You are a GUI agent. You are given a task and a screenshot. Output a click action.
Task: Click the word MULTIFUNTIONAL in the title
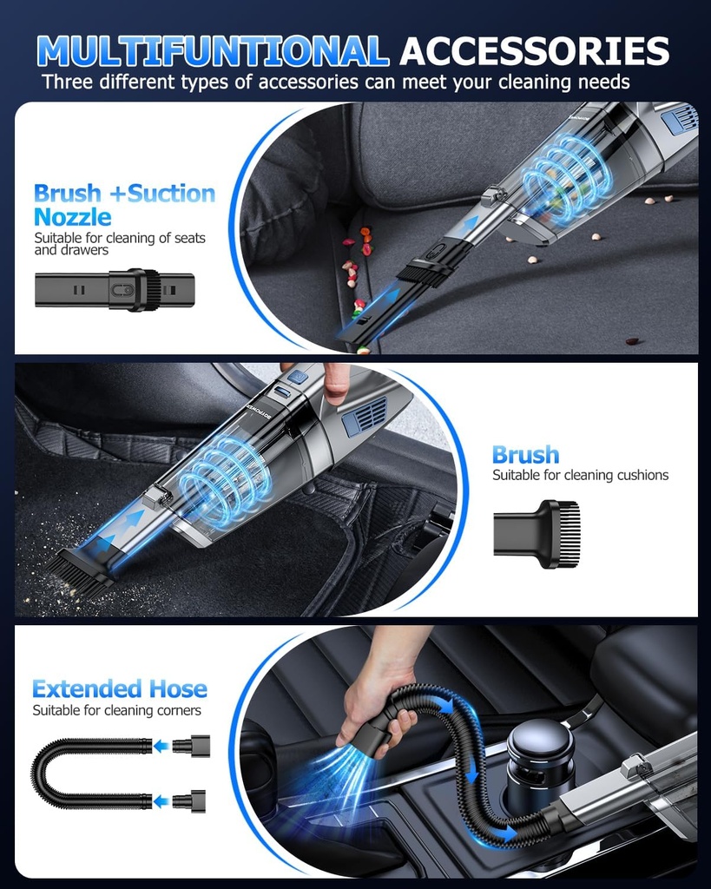213,51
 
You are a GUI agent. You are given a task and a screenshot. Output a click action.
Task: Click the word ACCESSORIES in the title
534,51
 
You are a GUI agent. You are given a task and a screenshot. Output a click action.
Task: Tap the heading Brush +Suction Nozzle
124,204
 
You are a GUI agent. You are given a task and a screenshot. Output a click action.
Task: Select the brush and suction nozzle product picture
115,290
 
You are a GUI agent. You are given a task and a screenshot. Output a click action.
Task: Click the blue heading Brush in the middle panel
525,455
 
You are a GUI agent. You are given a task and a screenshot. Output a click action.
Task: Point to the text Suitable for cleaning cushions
580,475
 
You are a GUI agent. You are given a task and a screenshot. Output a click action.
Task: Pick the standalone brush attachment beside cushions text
537,533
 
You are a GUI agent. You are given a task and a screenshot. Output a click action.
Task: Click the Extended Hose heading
120,689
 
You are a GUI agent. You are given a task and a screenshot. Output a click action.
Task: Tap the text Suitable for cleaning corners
116,710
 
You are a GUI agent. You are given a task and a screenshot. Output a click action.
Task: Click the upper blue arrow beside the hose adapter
161,745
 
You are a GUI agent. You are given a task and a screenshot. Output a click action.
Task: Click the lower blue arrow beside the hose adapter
161,801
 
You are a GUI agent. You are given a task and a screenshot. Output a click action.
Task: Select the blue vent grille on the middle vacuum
364,417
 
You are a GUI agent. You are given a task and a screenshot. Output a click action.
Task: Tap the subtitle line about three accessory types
335,82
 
